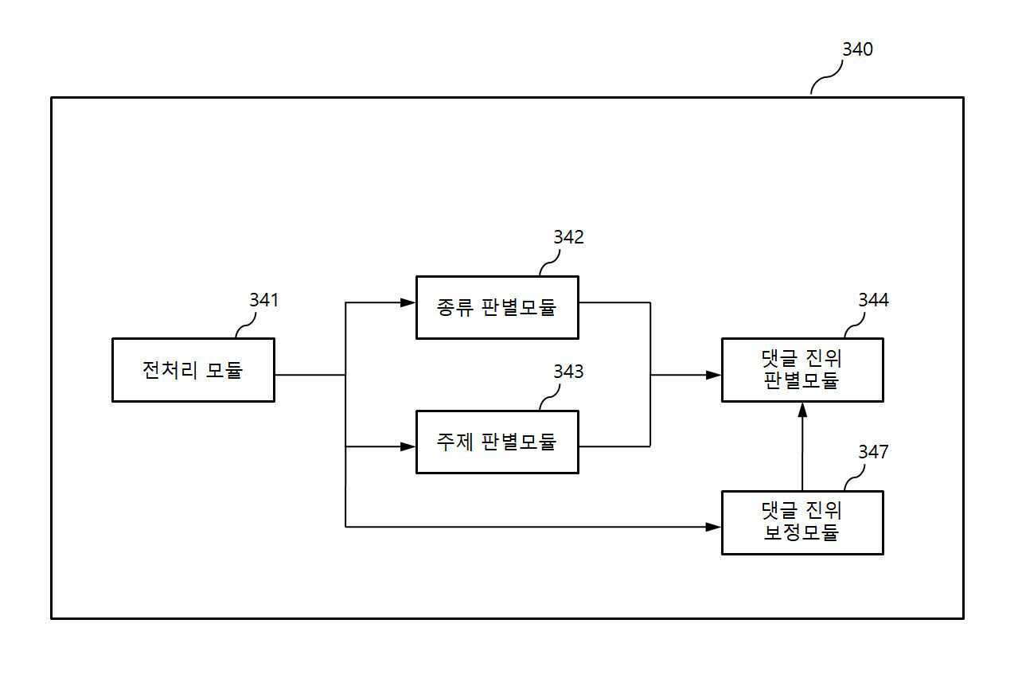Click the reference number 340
click(x=857, y=49)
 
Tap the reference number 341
click(x=263, y=300)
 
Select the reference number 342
click(x=568, y=237)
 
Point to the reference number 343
click(x=568, y=372)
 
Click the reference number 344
click(x=873, y=300)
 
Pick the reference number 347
click(x=873, y=452)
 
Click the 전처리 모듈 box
click(x=193, y=370)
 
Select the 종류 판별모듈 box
click(x=497, y=307)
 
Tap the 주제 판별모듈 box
click(x=497, y=442)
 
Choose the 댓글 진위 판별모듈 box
click(x=802, y=370)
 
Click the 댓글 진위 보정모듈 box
click(x=802, y=523)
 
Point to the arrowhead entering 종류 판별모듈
click(x=408, y=302)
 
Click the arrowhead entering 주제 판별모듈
click(x=408, y=446)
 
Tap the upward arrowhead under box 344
click(x=802, y=410)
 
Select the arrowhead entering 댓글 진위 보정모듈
click(x=713, y=528)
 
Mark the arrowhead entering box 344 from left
click(x=713, y=375)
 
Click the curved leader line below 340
click(x=827, y=77)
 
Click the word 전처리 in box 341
click(x=170, y=370)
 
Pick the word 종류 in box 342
click(x=455, y=307)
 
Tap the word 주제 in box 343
click(x=455, y=442)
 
